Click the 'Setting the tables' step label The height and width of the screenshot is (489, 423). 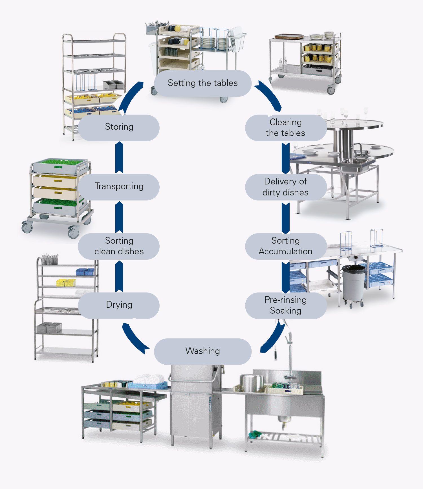tap(202, 83)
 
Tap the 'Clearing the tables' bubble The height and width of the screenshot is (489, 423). tap(285, 127)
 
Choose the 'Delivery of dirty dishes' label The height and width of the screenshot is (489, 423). tap(285, 187)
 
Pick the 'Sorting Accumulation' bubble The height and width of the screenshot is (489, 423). tap(285, 246)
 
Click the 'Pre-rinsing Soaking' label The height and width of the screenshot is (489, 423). tap(285, 305)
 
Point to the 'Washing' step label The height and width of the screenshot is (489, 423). tap(202, 351)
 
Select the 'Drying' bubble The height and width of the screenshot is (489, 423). tap(119, 305)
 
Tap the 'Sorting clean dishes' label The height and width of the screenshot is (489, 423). tap(119, 246)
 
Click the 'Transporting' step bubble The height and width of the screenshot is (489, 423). tap(119, 187)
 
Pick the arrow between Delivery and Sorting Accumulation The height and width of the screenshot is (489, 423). tap(286, 218)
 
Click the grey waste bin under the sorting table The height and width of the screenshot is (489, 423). tap(354, 283)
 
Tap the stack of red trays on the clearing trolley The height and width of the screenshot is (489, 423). tap(289, 36)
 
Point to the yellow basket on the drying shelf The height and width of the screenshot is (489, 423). tap(66, 282)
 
